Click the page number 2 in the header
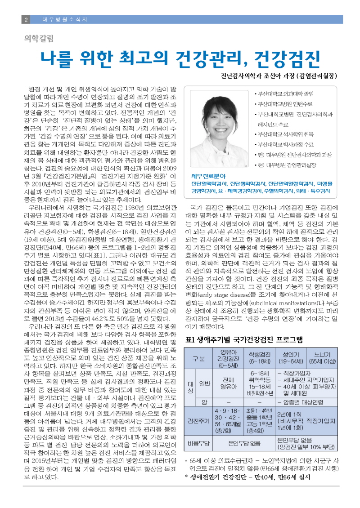26,20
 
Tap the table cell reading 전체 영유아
228,382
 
